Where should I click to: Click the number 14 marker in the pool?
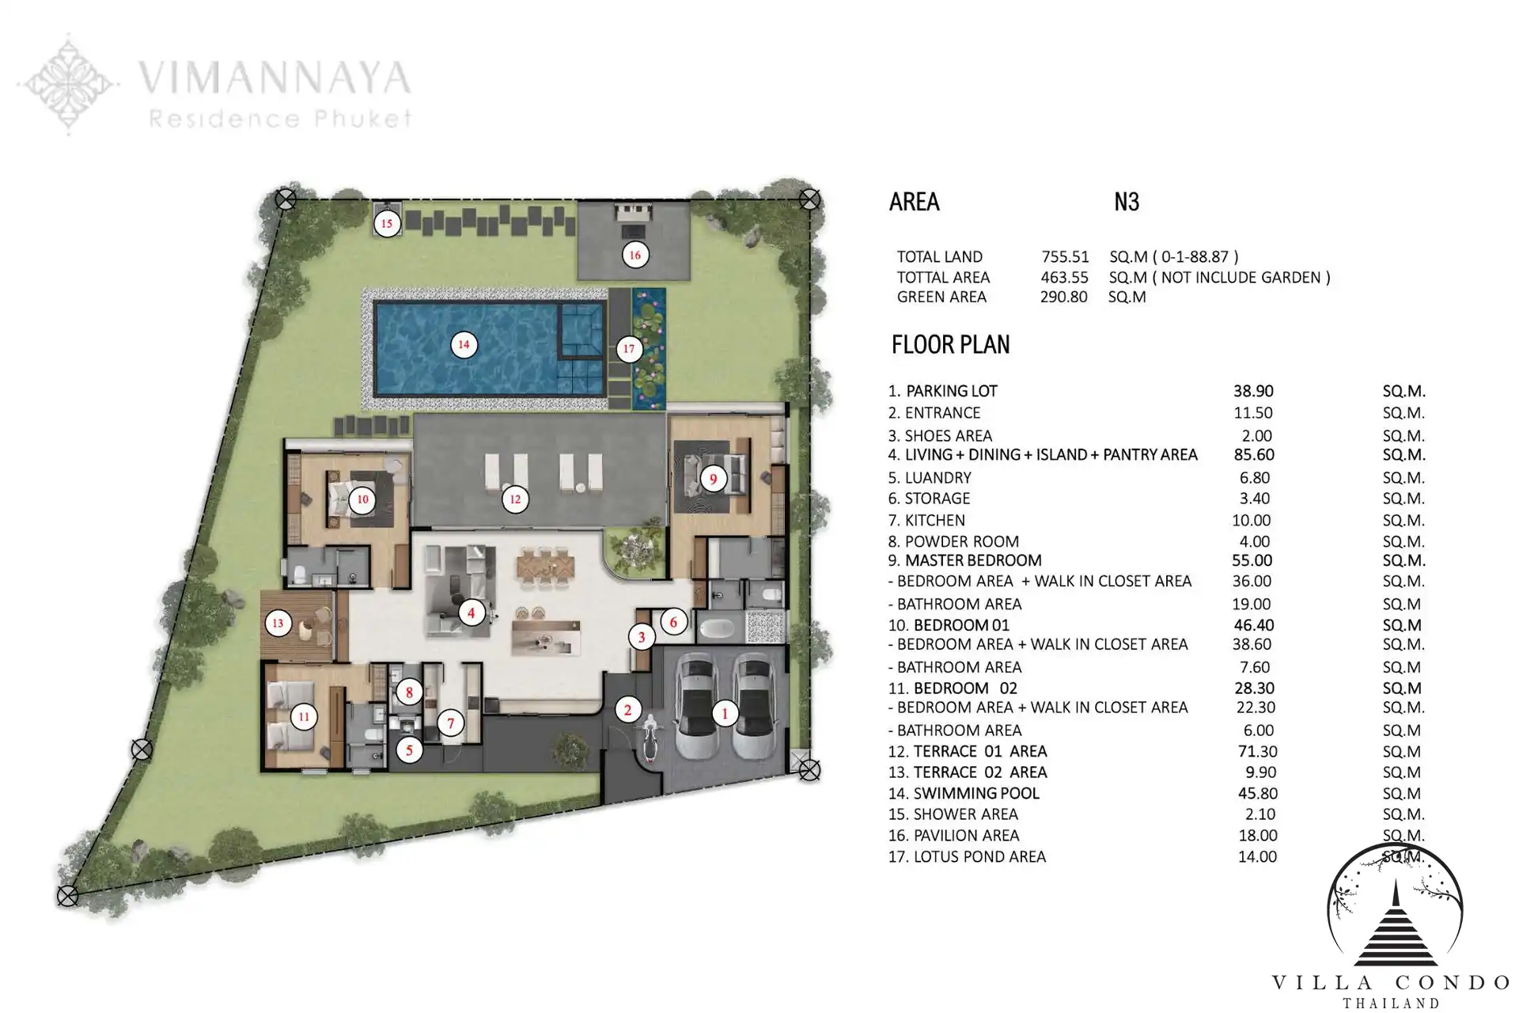464,344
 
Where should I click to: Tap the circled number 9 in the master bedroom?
713,478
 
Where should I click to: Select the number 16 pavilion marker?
634,255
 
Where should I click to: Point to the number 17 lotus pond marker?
629,348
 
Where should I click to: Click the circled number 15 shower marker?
387,223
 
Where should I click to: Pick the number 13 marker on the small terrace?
278,624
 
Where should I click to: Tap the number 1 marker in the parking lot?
725,713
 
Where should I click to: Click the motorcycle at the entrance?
650,738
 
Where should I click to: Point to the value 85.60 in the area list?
1254,455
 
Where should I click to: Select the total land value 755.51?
1065,257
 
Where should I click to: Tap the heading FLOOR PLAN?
951,345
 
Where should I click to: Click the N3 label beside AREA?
1127,202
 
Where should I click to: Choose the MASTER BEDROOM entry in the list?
973,560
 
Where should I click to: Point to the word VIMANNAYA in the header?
275,78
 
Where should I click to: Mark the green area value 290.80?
1064,297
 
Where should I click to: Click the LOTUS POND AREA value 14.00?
1257,856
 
